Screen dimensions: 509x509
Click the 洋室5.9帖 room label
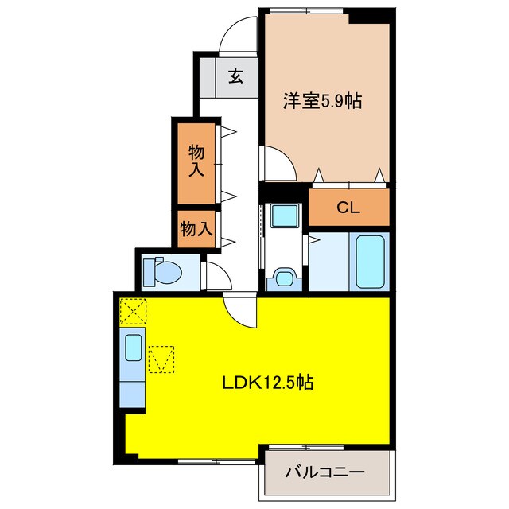coord(322,101)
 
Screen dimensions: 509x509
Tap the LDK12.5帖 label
coord(266,383)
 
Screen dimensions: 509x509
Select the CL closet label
coord(348,208)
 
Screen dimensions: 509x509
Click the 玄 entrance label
coord(236,76)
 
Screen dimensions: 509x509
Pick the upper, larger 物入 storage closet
coord(196,161)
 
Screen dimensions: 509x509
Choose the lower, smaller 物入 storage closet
coord(196,229)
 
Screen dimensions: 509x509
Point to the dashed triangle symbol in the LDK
coord(160,359)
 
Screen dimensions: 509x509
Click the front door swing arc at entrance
coord(239,37)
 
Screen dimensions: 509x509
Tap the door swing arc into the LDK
coord(240,310)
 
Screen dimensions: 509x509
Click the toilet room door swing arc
coord(216,274)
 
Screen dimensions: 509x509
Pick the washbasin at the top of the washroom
coord(282,216)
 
